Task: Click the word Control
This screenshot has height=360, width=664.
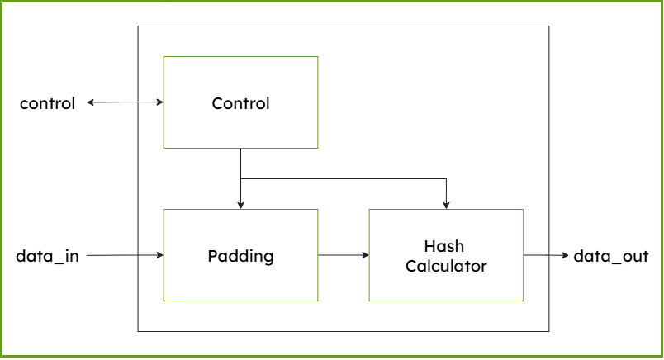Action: tap(240, 103)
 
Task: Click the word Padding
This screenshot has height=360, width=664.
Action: tap(240, 256)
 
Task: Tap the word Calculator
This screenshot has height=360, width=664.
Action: tap(446, 267)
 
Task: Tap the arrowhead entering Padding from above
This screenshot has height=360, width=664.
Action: tap(240, 205)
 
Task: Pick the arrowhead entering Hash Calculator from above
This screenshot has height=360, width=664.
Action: tap(446, 205)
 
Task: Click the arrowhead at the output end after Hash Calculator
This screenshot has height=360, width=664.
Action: tap(566, 255)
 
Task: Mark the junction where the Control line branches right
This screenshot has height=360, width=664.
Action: tap(240, 178)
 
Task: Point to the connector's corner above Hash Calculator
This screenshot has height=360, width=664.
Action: tap(446, 178)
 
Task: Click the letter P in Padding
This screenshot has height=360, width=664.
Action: tap(211, 256)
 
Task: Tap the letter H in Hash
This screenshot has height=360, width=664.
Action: tap(429, 246)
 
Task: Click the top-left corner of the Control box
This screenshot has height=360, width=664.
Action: tap(164, 57)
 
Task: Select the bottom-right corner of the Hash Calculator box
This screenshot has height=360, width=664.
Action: tap(524, 301)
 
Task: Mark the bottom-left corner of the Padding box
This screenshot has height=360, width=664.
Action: tap(164, 301)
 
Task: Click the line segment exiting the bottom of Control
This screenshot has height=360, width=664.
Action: tap(240, 163)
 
